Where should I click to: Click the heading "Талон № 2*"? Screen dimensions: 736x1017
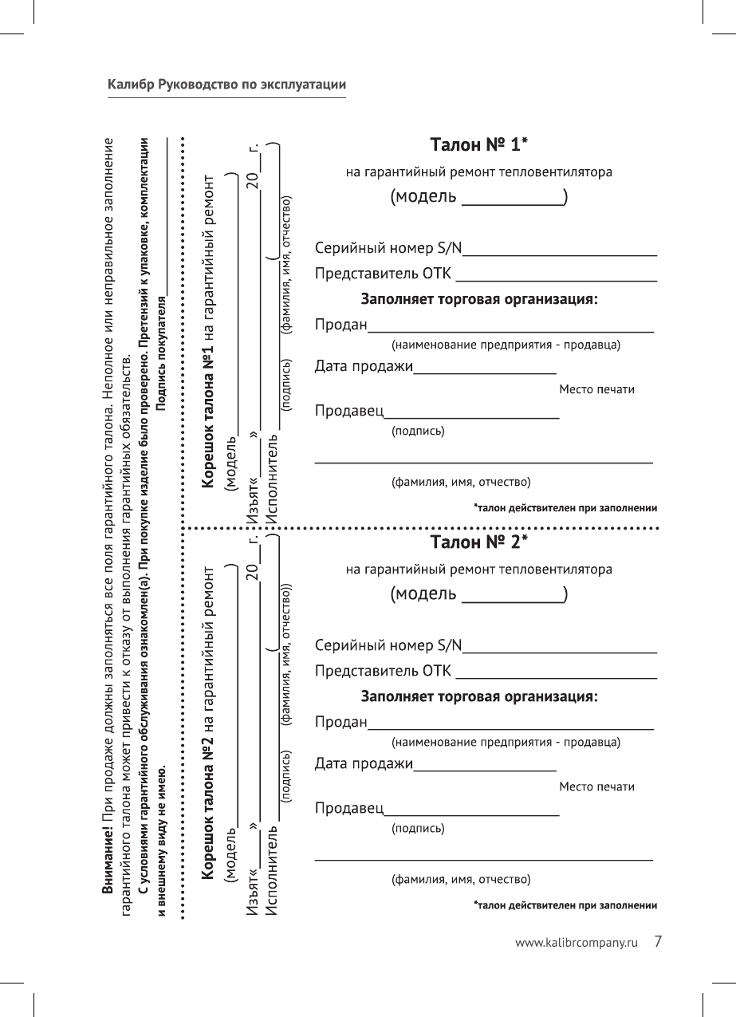point(479,542)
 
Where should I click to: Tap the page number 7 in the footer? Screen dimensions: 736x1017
point(658,941)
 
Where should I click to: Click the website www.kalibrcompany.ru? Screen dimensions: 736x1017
point(578,943)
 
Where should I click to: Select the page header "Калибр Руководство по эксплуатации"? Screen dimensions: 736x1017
point(226,85)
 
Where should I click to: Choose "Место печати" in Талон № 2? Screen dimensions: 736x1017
point(596,787)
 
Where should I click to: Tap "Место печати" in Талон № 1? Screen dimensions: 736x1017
point(596,389)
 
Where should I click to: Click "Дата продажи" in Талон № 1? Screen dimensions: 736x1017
point(364,367)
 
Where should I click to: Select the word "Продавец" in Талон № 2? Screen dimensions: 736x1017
point(349,809)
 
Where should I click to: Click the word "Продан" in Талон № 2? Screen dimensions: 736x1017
point(340,723)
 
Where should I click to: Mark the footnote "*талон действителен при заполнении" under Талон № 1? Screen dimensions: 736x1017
point(565,507)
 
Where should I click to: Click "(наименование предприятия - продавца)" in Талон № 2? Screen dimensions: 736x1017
point(506,743)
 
